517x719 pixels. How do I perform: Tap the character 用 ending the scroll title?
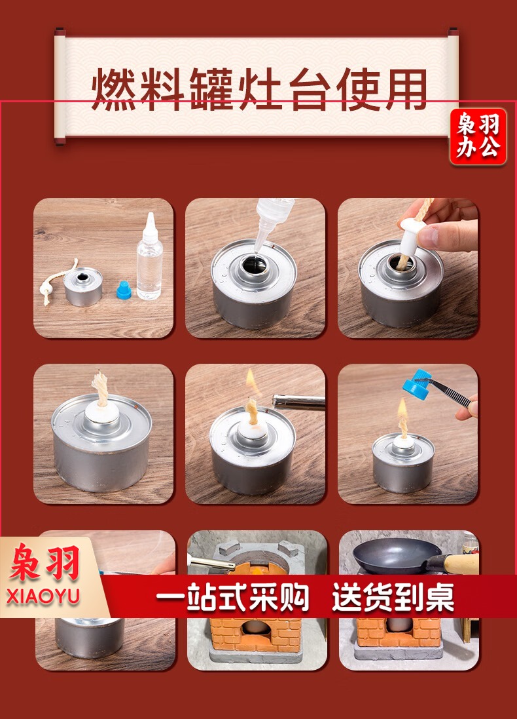pyautogui.click(x=406, y=89)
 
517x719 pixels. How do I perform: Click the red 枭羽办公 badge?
pyautogui.click(x=478, y=136)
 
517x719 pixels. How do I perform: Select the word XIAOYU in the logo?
pyautogui.click(x=43, y=596)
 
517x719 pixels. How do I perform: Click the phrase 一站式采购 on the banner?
pyautogui.click(x=232, y=597)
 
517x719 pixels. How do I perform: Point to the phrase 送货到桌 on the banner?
pyautogui.click(x=393, y=597)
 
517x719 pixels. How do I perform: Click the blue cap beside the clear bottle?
pyautogui.click(x=124, y=290)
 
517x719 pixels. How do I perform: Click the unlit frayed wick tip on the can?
pyautogui.click(x=101, y=388)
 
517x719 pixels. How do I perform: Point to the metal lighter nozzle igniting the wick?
pyautogui.click(x=298, y=402)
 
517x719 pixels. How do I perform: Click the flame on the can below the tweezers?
pyautogui.click(x=402, y=410)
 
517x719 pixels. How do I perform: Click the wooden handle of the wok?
pyautogui.click(x=459, y=564)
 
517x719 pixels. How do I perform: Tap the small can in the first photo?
pyautogui.click(x=82, y=286)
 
